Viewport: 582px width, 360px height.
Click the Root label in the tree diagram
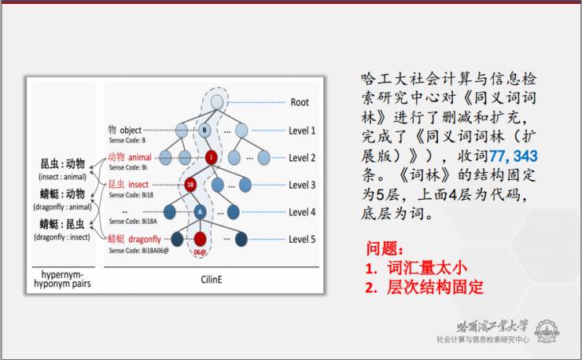[300, 102]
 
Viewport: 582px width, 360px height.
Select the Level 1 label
[302, 130]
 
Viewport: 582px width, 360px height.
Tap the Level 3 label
[302, 185]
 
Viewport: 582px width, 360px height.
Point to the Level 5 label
[302, 238]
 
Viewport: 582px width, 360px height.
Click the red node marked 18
[190, 186]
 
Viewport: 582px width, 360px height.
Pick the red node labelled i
[211, 158]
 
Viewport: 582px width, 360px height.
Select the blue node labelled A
[200, 211]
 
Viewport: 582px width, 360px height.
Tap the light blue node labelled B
[204, 130]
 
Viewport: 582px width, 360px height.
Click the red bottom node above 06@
[201, 239]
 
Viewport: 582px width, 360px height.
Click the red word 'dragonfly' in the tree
[147, 239]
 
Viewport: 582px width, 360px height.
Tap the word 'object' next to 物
[131, 129]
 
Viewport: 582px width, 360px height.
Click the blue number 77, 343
[513, 156]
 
